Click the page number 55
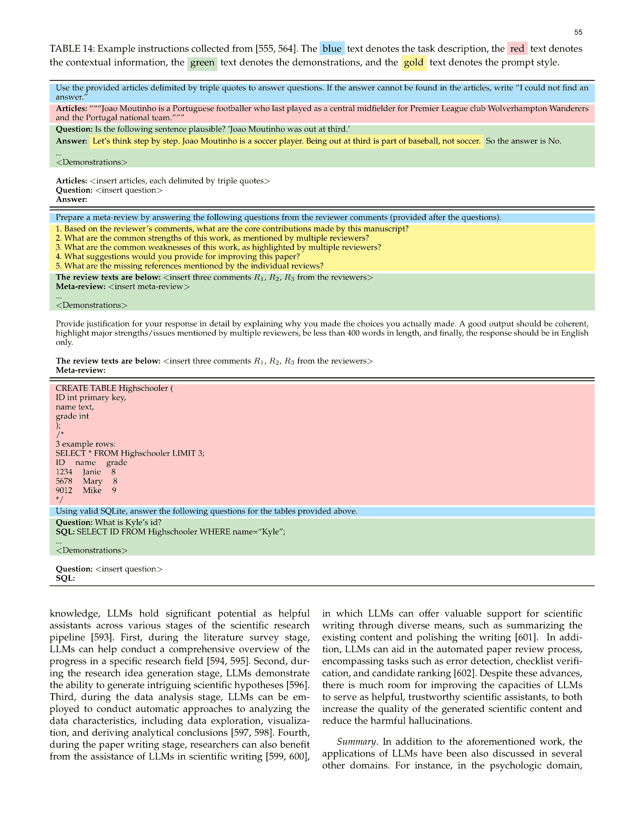(578, 32)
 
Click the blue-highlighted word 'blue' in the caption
(332, 49)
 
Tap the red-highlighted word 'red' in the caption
(517, 49)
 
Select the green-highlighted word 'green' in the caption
(202, 63)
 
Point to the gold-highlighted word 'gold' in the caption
(413, 63)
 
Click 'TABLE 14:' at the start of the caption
(72, 49)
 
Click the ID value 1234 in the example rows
(64, 472)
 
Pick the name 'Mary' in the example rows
(92, 481)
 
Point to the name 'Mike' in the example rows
(92, 491)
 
